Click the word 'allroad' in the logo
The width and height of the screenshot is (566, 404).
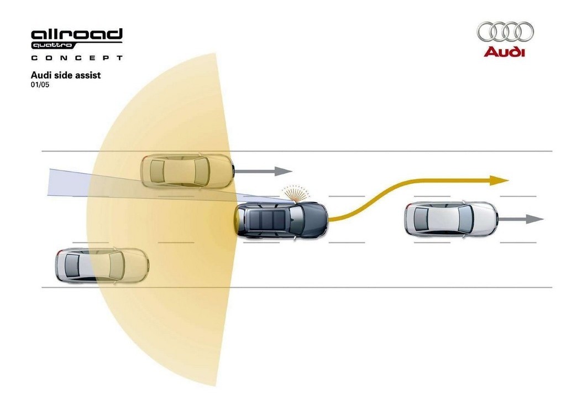click(77, 34)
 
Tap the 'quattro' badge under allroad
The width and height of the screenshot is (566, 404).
click(53, 45)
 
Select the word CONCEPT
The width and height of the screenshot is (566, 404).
click(77, 58)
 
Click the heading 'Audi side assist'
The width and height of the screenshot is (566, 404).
click(66, 75)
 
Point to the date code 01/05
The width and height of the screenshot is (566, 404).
click(40, 85)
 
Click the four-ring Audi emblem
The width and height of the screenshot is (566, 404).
click(505, 32)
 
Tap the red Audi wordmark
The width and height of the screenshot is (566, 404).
click(504, 52)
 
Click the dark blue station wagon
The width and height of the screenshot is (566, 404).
click(281, 220)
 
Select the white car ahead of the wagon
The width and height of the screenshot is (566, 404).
click(451, 219)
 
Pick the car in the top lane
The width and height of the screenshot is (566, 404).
click(187, 171)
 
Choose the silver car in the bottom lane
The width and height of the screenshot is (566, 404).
click(102, 266)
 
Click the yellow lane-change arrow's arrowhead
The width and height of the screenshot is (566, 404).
click(499, 180)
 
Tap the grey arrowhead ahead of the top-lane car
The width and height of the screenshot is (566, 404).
click(284, 171)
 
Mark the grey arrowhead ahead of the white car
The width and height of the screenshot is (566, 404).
click(534, 219)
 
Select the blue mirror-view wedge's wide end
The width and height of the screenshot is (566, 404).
click(49, 182)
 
